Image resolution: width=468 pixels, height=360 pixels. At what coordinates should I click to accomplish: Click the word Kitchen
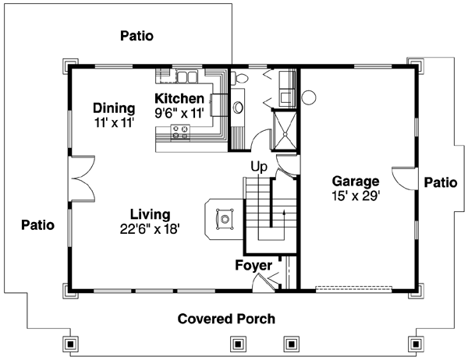(x=179, y=99)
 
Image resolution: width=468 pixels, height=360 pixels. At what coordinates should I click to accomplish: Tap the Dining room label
(x=114, y=108)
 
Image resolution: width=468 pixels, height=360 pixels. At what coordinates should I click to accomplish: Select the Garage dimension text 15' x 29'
(x=355, y=196)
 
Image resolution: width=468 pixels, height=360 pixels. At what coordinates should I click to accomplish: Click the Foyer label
(x=253, y=266)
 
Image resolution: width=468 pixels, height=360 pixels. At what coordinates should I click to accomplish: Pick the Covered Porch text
(x=226, y=319)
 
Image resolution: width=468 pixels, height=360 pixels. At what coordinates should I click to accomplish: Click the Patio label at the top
(x=136, y=36)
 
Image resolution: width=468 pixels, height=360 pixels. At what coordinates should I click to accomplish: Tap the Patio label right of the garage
(x=441, y=182)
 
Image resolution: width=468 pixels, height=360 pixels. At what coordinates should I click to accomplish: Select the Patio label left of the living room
(x=37, y=225)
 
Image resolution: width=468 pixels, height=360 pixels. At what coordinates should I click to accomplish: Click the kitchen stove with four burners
(x=181, y=132)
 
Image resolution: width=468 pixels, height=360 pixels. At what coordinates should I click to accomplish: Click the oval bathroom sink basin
(x=239, y=107)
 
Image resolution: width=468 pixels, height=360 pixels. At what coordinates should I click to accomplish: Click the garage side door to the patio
(x=405, y=178)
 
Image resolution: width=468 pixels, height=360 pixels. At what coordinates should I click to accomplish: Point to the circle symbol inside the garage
(x=308, y=98)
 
